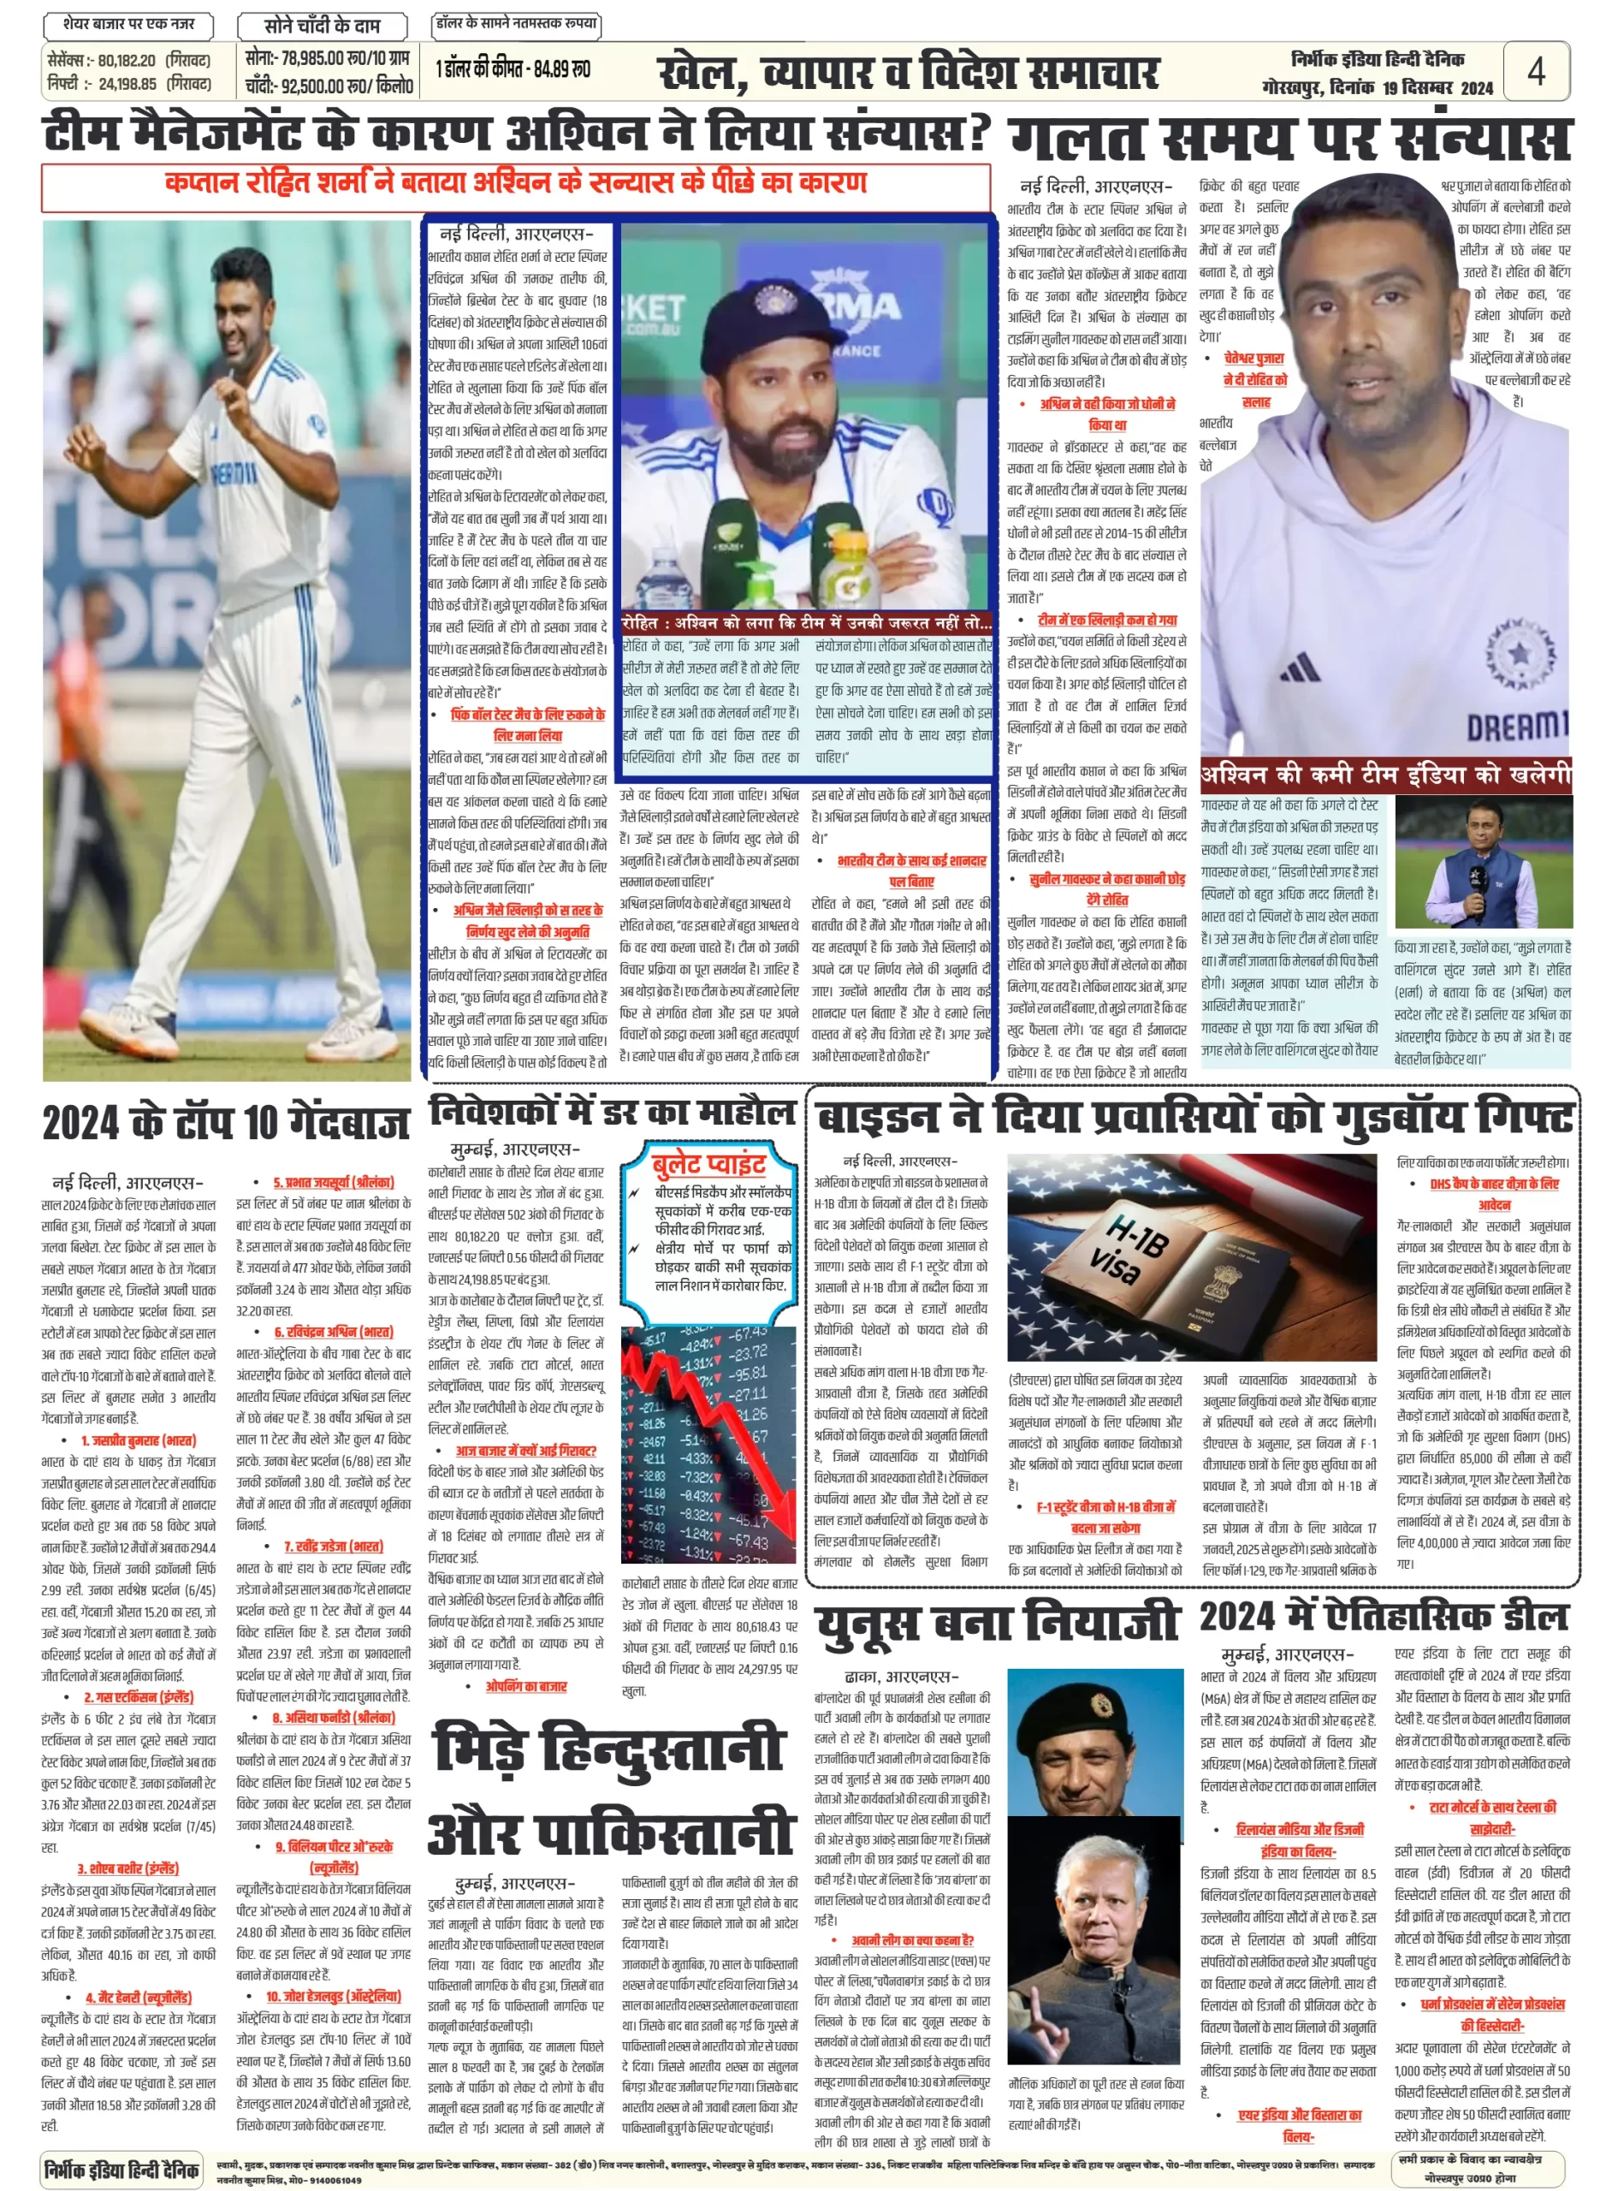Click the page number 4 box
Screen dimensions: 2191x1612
(1535, 70)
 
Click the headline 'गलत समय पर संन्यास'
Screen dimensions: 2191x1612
(1289, 139)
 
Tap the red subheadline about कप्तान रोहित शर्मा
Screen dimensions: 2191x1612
(515, 183)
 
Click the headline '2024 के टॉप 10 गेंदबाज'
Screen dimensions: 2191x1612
(225, 1123)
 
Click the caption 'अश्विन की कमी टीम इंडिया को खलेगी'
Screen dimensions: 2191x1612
(1385, 775)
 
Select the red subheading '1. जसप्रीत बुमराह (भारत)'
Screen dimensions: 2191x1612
(138, 1440)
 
